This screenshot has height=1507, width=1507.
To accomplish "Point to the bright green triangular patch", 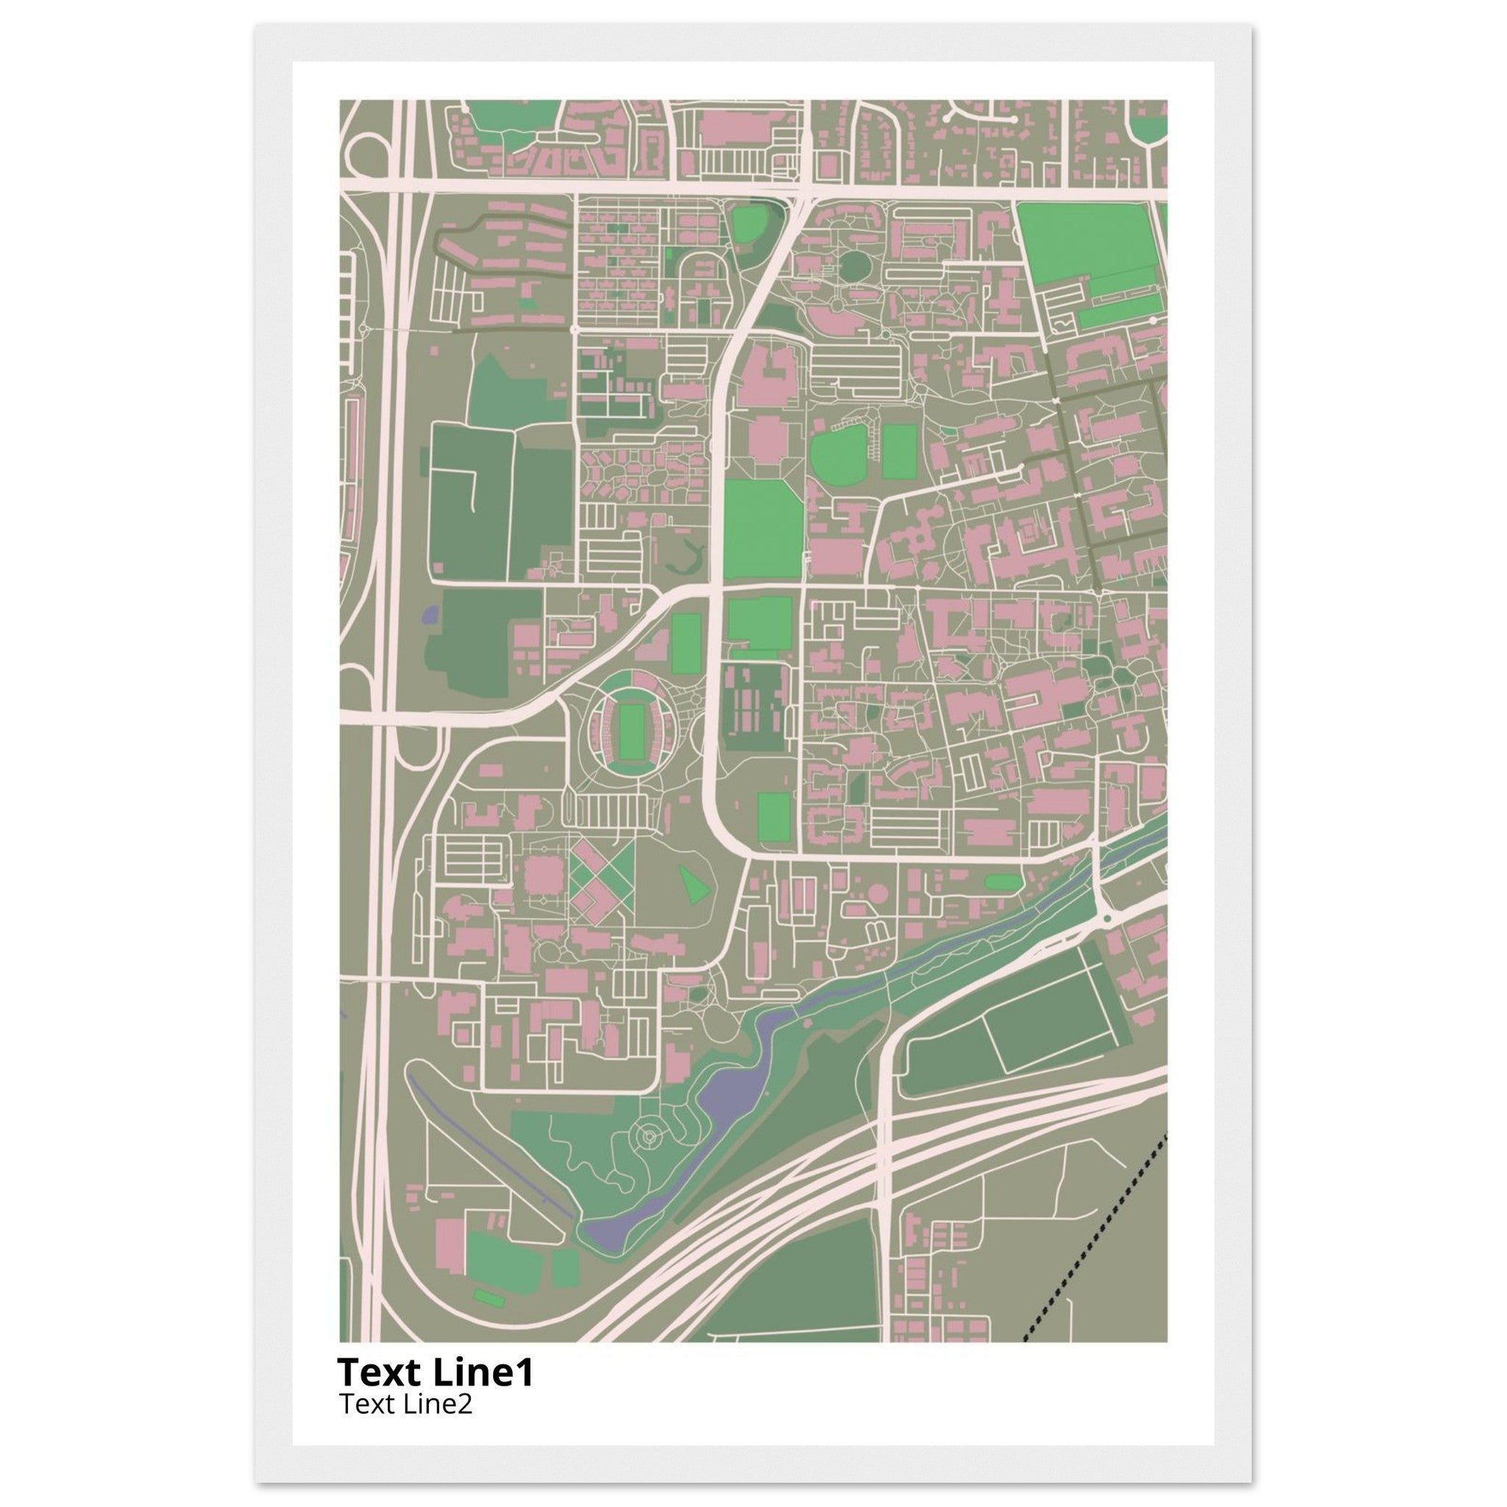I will (x=692, y=884).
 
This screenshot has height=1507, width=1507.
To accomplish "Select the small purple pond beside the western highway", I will (x=429, y=615).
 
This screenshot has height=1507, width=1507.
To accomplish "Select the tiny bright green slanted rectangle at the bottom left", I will (x=489, y=1297).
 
